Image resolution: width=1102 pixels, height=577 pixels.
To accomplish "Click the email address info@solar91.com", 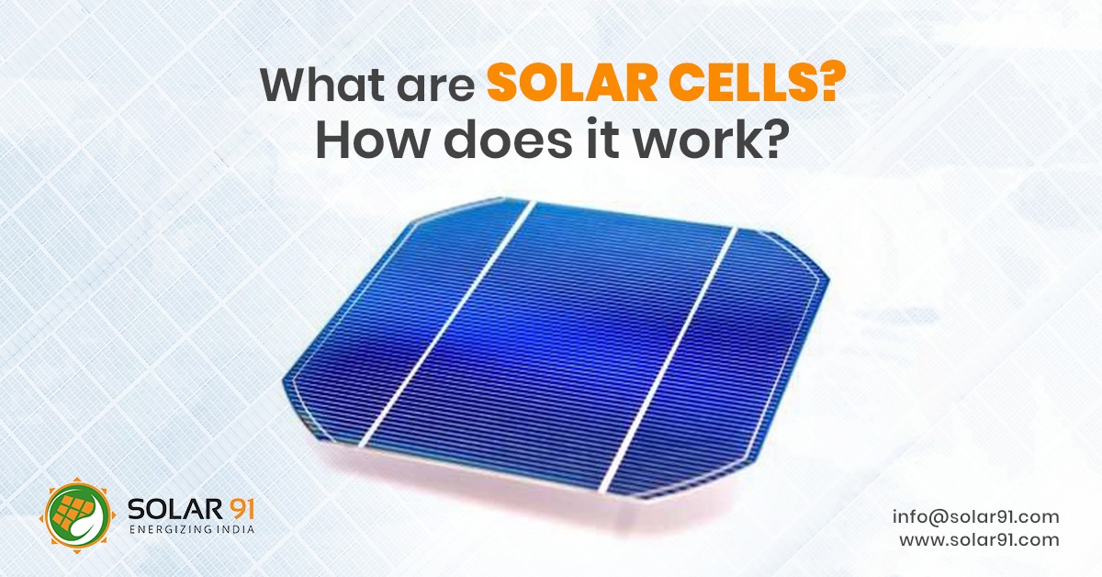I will click(x=975, y=516).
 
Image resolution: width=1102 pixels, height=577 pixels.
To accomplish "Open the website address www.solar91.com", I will click(x=979, y=539).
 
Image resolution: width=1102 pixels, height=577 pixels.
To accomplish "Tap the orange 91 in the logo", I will click(x=233, y=507).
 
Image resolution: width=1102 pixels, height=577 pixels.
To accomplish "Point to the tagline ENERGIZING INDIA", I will click(x=192, y=530).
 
